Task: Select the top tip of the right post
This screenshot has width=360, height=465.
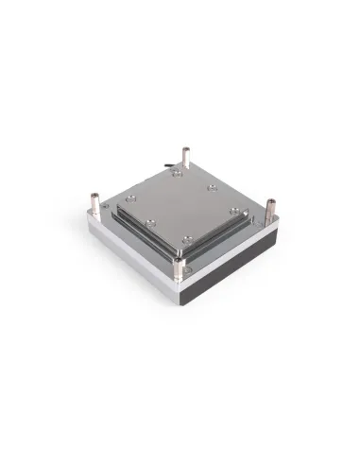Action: [271, 199]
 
